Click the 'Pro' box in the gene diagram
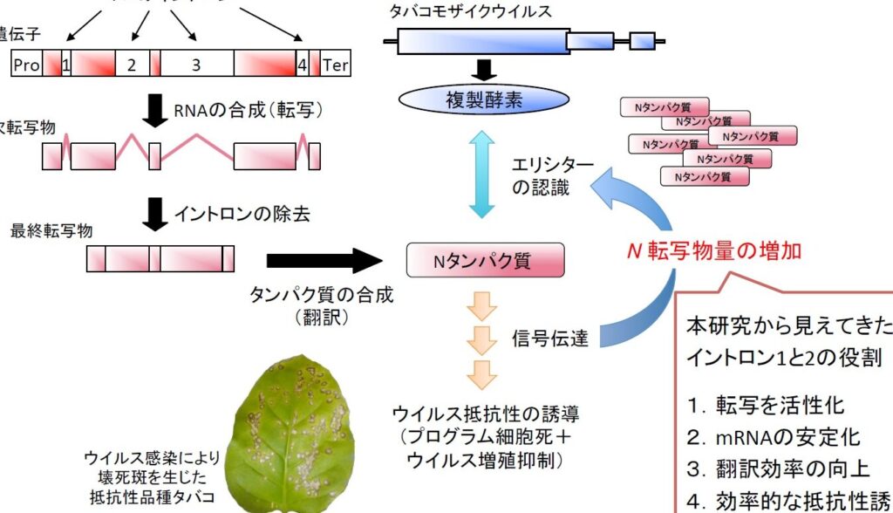pyautogui.click(x=26, y=65)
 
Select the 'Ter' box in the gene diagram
pyautogui.click(x=336, y=65)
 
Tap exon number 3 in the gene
pyautogui.click(x=196, y=65)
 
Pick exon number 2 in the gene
pyautogui.click(x=131, y=65)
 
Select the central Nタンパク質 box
pyautogui.click(x=484, y=261)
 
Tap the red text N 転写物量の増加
pyautogui.click(x=714, y=251)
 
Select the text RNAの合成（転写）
pyautogui.click(x=249, y=110)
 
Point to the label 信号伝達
pyautogui.click(x=550, y=338)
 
